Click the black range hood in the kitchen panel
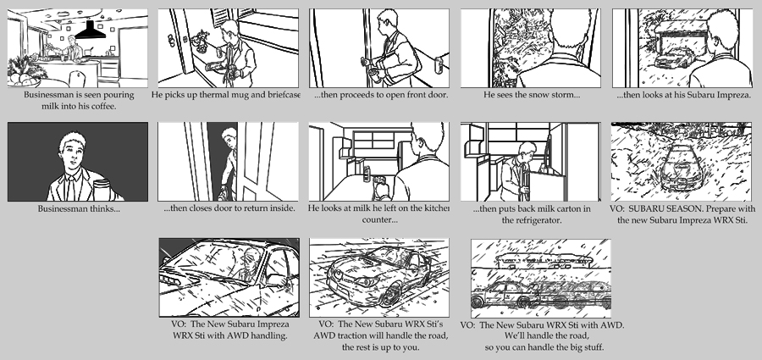click(x=87, y=30)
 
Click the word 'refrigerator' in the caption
click(x=531, y=219)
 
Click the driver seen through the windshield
click(x=246, y=268)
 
